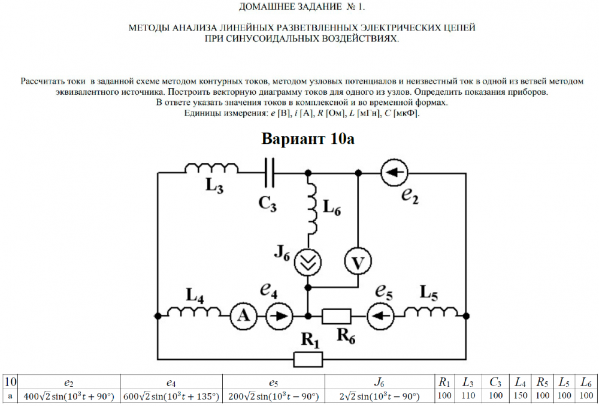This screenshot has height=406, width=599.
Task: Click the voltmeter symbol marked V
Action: pos(357,262)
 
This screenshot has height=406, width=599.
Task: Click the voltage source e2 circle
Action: pos(394,173)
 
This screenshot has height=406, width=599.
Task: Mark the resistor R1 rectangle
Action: pos(308,359)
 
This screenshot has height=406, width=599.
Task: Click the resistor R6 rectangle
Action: pos(337,315)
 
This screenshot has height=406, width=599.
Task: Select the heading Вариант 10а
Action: pos(308,139)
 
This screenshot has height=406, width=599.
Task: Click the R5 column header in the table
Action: pos(540,382)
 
